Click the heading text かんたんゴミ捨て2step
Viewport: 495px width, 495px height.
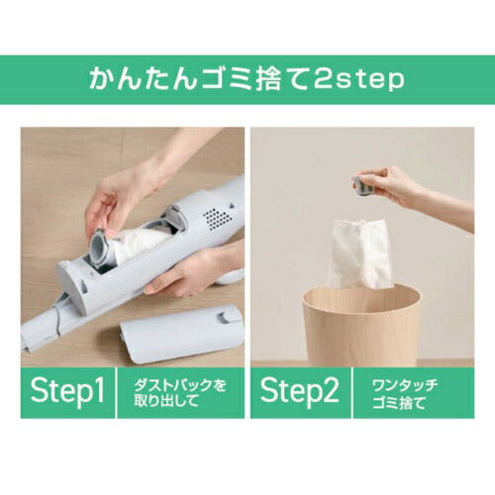click(247, 79)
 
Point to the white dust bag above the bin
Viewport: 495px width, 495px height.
click(360, 252)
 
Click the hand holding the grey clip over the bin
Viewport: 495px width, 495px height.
click(401, 186)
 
